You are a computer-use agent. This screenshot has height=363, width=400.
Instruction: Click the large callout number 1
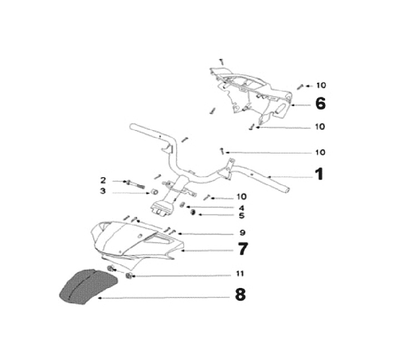(318, 175)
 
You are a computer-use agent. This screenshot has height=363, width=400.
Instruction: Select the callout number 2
(103, 180)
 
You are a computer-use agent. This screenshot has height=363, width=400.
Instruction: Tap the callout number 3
(103, 191)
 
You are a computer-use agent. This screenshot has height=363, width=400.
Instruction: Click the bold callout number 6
(321, 103)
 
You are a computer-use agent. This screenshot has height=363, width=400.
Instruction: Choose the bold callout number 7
(243, 249)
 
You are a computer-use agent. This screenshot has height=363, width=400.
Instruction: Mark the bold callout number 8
(240, 295)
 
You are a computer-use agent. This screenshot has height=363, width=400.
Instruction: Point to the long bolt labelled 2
(136, 183)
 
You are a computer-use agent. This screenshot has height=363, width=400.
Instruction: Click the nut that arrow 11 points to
(129, 276)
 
